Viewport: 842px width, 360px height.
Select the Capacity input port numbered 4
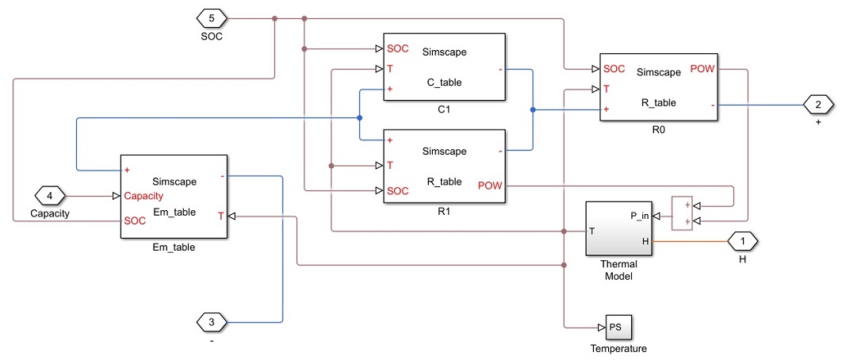pos(50,195)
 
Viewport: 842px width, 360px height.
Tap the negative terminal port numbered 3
pos(211,322)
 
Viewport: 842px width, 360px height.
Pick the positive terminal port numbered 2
pos(817,104)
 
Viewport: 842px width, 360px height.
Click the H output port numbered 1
pos(743,240)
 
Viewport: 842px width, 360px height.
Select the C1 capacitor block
pos(444,67)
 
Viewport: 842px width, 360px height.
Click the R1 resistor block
pos(444,167)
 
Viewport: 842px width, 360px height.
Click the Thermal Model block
pos(618,228)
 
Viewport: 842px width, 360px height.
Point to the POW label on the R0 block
pos(702,69)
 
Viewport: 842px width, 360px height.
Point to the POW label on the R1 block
pos(490,186)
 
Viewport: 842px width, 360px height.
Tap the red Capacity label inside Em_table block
pos(144,196)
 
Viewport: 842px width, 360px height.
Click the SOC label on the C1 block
pos(397,48)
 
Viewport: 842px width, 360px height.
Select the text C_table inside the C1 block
pos(444,82)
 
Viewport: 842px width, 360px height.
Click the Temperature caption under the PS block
pos(618,349)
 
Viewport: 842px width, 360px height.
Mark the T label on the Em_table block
pos(221,215)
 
